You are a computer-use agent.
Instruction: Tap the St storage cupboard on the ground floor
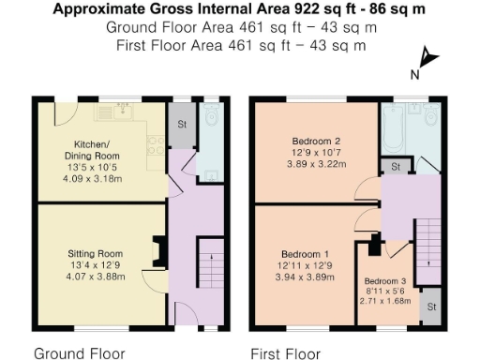click(x=179, y=126)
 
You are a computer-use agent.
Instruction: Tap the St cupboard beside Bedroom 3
click(x=430, y=307)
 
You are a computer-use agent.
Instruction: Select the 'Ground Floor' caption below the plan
click(x=79, y=353)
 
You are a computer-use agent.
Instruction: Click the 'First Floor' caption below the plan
click(x=285, y=353)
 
